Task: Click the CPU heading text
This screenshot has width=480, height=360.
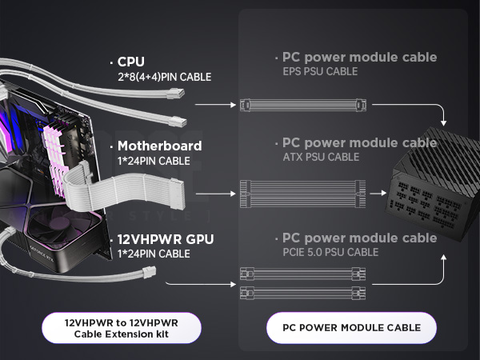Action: [x=132, y=62]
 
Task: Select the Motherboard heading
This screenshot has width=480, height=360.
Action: [x=159, y=146]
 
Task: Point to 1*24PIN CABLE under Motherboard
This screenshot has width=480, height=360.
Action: [x=154, y=161]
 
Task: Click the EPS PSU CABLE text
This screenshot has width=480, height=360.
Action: [x=320, y=72]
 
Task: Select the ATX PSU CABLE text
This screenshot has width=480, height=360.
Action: [x=321, y=157]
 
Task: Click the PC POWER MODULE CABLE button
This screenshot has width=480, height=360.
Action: [x=351, y=327]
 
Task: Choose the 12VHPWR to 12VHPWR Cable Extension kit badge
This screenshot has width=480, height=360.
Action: [x=121, y=327]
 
